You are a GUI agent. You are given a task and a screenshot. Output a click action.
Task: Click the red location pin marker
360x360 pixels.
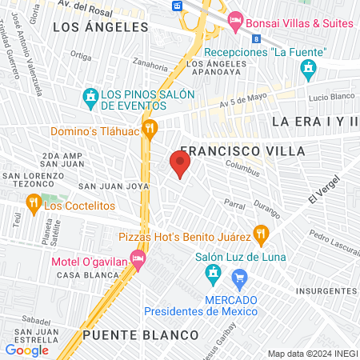click(x=180, y=166)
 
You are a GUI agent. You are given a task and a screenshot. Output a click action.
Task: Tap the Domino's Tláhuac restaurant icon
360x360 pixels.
click(x=150, y=129)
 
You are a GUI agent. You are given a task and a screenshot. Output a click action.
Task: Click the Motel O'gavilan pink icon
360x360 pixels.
click(x=138, y=258)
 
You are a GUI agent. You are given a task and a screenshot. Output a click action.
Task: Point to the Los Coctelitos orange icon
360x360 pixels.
click(x=33, y=204)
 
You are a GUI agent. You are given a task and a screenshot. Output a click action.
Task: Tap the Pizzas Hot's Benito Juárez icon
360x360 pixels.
click(x=260, y=235)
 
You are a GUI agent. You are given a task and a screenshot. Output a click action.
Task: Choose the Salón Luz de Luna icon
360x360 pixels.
click(x=212, y=276)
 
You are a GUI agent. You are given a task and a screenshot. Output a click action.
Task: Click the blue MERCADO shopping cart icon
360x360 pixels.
click(x=238, y=278)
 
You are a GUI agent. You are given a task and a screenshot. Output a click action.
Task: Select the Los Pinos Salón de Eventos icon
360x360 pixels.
click(x=90, y=99)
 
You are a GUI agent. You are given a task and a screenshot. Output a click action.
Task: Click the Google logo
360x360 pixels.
click(x=27, y=350)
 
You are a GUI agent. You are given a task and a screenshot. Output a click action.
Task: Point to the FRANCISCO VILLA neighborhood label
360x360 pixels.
click(x=231, y=150)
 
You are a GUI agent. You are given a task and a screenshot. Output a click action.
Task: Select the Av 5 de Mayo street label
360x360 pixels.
click(x=242, y=103)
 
